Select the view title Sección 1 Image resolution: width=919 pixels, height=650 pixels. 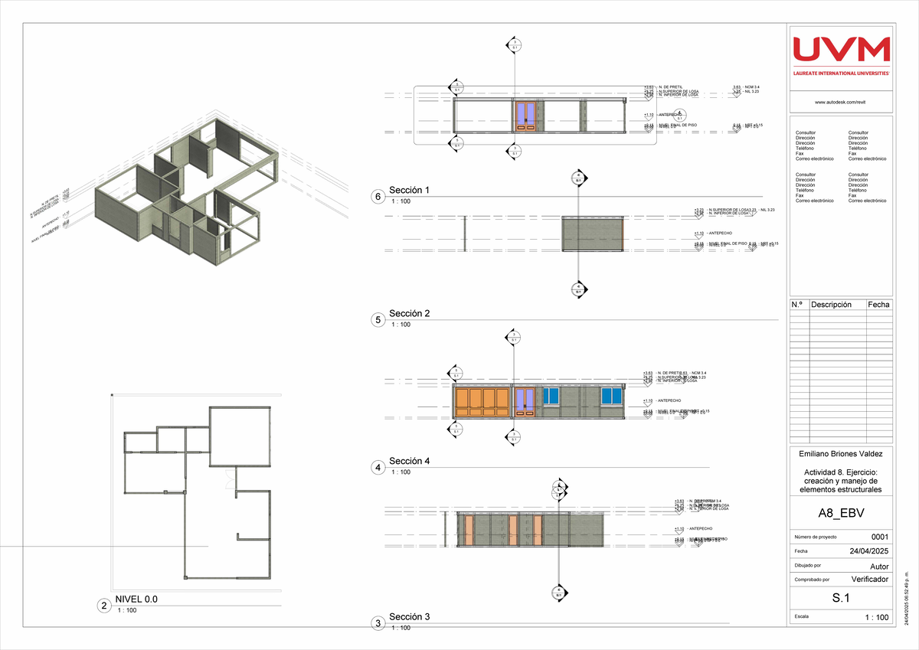pyautogui.click(x=410, y=190)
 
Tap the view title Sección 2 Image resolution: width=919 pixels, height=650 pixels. pyautogui.click(x=410, y=314)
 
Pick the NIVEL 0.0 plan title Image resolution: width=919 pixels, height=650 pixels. pyautogui.click(x=136, y=599)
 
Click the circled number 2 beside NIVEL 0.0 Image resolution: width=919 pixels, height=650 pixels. pyautogui.click(x=103, y=606)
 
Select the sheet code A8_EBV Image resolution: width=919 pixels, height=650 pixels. pyautogui.click(x=841, y=513)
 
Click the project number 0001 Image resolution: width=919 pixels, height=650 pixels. pyautogui.click(x=880, y=536)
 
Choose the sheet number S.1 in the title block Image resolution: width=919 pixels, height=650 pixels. pyautogui.click(x=841, y=598)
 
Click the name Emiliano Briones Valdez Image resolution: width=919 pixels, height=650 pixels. pyautogui.click(x=841, y=455)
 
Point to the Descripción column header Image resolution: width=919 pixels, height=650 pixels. pyautogui.click(x=831, y=305)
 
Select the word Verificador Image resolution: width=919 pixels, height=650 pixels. pyautogui.click(x=869, y=580)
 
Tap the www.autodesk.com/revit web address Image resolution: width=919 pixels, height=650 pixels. pyautogui.click(x=841, y=101)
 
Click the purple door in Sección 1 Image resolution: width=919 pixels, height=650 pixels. pyautogui.click(x=525, y=115)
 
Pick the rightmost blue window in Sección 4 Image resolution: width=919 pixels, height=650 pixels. pyautogui.click(x=610, y=396)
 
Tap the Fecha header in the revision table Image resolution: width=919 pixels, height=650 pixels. pyautogui.click(x=878, y=305)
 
